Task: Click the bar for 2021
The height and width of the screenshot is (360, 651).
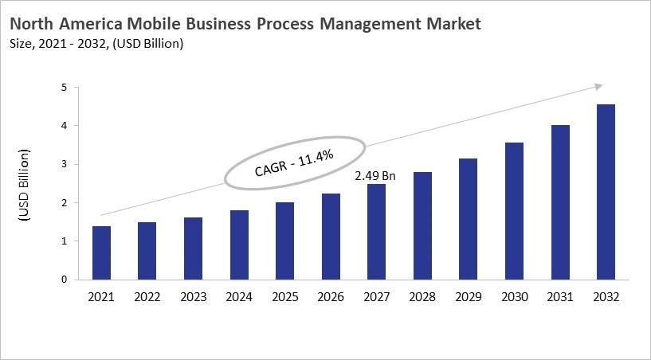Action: pyautogui.click(x=101, y=253)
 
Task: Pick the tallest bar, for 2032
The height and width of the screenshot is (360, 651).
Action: pyautogui.click(x=605, y=192)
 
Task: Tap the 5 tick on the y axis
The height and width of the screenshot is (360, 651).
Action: pyautogui.click(x=73, y=88)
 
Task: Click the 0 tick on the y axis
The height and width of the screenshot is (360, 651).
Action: pyautogui.click(x=73, y=280)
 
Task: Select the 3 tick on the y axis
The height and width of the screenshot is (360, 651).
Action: pyautogui.click(x=73, y=165)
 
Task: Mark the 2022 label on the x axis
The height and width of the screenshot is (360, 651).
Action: pyautogui.click(x=147, y=297)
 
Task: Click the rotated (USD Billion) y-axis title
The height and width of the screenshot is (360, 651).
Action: pyautogui.click(x=24, y=184)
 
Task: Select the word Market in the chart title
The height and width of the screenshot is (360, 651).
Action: pyautogui.click(x=450, y=24)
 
